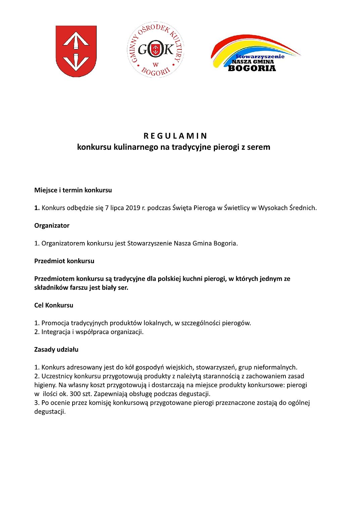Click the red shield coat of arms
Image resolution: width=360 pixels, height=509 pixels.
[76, 51]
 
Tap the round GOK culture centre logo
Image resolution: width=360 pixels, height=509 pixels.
[155, 50]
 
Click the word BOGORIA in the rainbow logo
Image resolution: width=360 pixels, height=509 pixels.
[252, 68]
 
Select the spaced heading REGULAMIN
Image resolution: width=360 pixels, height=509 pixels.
[175, 136]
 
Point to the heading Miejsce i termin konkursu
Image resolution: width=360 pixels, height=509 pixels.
[73, 190]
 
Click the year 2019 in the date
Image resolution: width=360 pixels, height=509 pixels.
[133, 208]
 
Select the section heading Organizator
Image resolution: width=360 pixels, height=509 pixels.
[52, 226]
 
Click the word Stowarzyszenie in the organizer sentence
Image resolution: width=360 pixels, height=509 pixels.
[149, 243]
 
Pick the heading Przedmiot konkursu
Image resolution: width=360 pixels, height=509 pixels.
[64, 261]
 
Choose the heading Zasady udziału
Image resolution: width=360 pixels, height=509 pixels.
[56, 350]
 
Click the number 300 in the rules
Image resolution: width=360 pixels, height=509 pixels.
[75, 394]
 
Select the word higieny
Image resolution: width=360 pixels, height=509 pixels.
[45, 385]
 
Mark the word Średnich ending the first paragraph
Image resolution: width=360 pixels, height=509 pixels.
[304, 208]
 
